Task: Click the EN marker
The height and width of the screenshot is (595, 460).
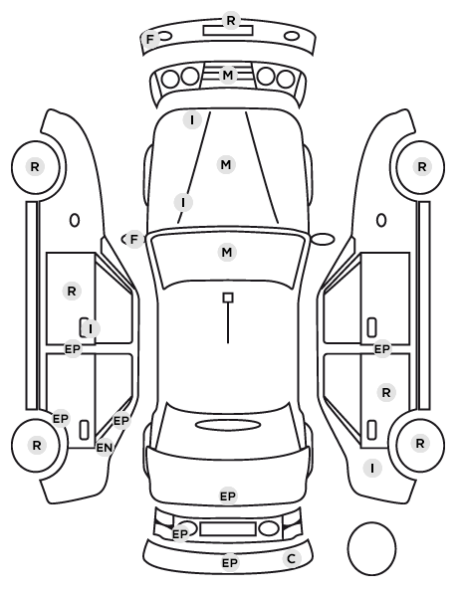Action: coord(105,448)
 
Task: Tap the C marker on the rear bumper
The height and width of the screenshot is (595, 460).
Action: coord(292,558)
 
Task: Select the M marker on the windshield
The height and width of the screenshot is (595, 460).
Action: coord(227,253)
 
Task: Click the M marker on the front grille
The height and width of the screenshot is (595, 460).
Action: coord(228,76)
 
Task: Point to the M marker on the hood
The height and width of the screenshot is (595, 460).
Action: coord(226,165)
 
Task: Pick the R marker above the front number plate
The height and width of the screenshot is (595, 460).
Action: coord(231,21)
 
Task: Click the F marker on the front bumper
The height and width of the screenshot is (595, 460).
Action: coord(150,39)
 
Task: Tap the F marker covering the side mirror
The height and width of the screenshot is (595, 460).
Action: coord(133,240)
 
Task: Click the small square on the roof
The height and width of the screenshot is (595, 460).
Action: coord(228,297)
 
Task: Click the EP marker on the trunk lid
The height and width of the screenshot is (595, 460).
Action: coord(228,496)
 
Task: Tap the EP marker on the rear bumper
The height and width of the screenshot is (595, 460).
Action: coord(230,563)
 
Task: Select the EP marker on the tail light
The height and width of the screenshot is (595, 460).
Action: coord(180,534)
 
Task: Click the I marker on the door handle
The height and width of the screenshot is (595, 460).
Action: coord(91,329)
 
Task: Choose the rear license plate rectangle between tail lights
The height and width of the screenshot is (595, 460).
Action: coord(228,529)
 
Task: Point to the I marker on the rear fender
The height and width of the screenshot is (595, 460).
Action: coord(372,468)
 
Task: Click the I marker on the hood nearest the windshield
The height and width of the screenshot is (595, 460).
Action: coord(183,202)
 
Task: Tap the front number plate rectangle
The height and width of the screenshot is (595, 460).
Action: coord(228,31)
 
